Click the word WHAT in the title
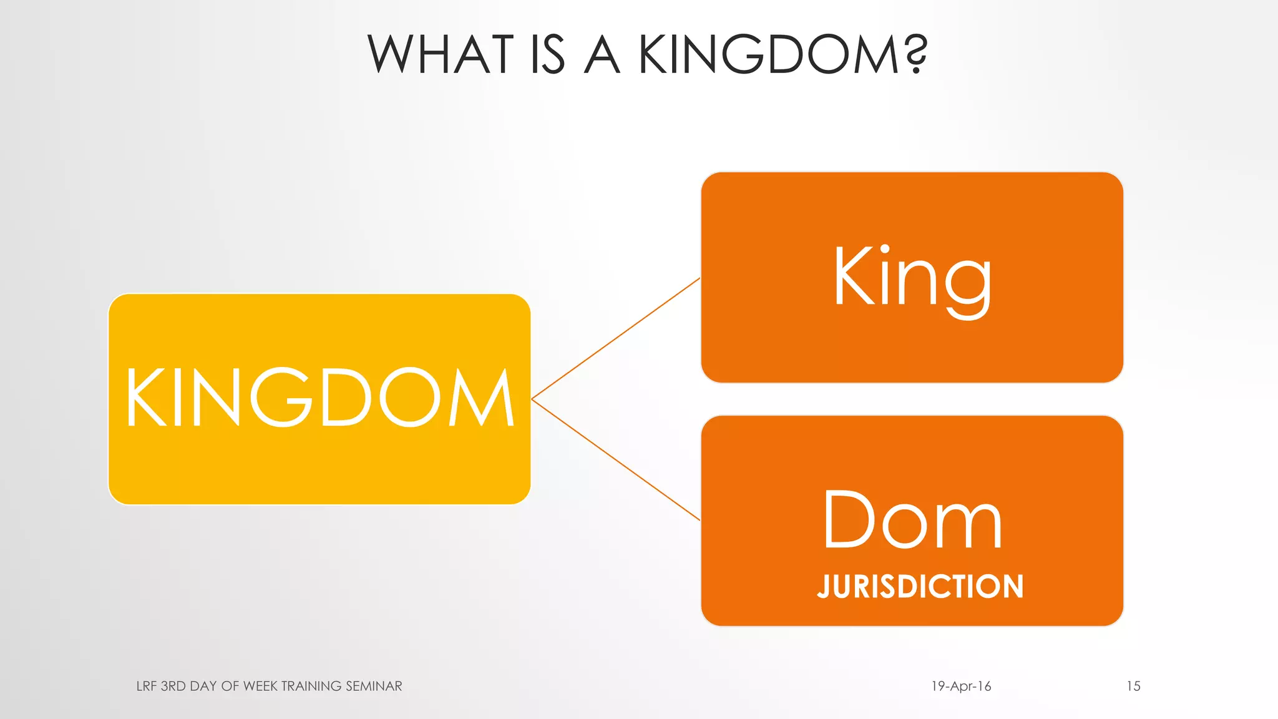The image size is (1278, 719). pos(441,54)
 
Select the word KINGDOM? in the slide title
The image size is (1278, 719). pos(783,54)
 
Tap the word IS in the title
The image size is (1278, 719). pos(547,54)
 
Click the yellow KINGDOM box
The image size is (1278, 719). pos(319,462)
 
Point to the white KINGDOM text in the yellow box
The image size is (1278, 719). pos(319,398)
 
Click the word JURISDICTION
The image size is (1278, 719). pos(920,587)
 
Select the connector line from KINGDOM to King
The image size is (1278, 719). pos(615,338)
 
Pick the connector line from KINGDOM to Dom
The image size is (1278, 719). pos(615,460)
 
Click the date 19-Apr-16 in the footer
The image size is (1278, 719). pos(961,686)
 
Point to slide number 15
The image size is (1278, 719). pos(1133,686)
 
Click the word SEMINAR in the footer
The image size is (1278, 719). pos(374,686)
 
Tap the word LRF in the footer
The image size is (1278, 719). pos(146,686)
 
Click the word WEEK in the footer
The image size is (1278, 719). pos(260,686)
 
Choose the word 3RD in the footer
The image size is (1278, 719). pos(173,686)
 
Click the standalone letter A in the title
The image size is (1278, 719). pos(602,54)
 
